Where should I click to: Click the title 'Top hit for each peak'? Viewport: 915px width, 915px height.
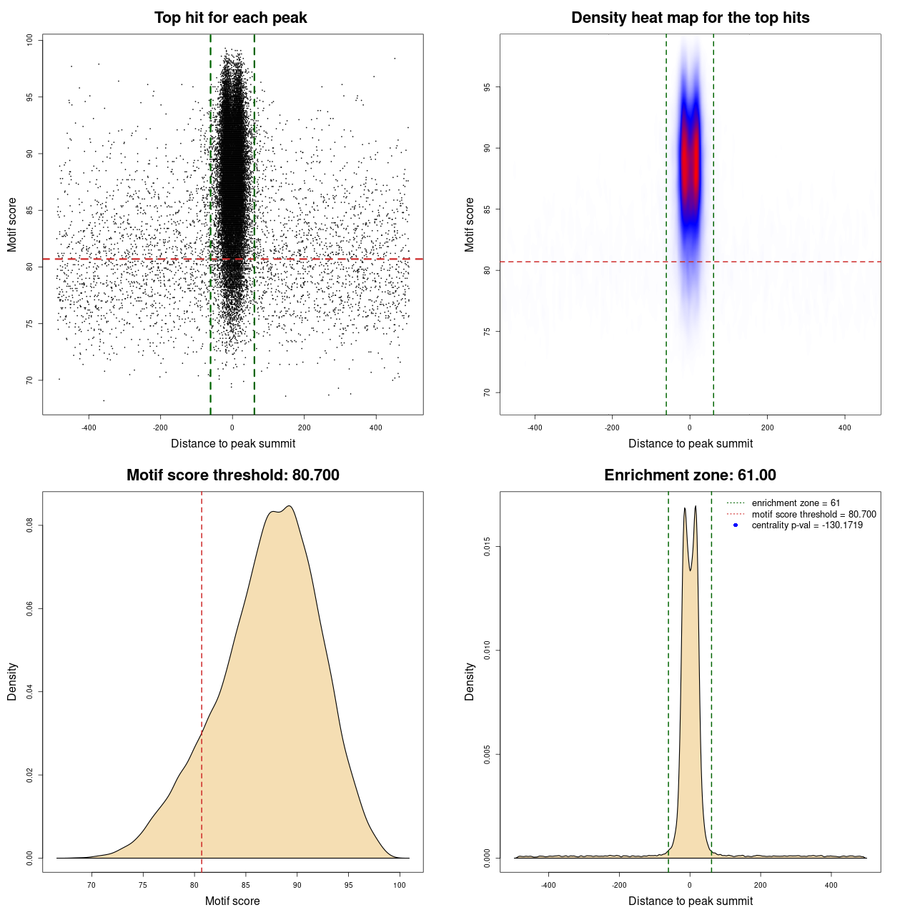[x=230, y=18]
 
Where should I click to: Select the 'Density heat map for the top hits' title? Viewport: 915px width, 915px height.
[x=690, y=18]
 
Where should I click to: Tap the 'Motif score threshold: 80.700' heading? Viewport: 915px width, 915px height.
[x=232, y=475]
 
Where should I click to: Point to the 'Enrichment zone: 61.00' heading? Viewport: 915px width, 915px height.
[x=690, y=475]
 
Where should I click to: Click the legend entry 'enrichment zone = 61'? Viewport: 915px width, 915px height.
[x=796, y=503]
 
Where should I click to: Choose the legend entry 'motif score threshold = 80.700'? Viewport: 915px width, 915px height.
[x=813, y=515]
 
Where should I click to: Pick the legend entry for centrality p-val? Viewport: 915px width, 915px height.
[x=807, y=525]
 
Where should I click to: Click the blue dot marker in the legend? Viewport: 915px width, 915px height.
[x=736, y=525]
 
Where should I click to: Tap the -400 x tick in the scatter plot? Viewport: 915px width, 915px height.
[x=89, y=428]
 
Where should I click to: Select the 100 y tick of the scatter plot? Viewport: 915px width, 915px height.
[x=30, y=40]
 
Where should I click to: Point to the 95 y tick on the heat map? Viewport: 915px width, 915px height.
[x=487, y=87]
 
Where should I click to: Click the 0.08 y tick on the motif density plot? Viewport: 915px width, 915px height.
[x=30, y=526]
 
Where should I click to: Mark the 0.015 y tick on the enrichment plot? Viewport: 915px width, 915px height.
[x=487, y=548]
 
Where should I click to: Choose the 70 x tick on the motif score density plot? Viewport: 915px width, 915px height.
[x=91, y=885]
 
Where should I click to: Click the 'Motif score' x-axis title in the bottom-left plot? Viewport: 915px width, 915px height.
[x=232, y=901]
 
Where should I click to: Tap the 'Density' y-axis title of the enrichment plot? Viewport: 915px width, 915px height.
[x=470, y=681]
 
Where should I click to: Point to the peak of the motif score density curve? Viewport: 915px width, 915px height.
[x=289, y=506]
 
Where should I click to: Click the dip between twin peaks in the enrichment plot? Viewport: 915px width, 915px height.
[x=690, y=570]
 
